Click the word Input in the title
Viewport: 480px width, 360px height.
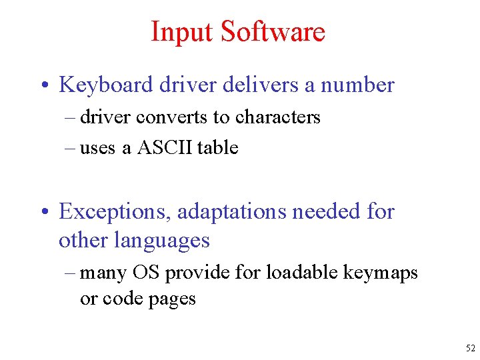coord(182,32)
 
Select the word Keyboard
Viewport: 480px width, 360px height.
coord(107,85)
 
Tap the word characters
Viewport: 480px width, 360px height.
coord(276,117)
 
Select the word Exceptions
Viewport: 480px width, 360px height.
coord(113,212)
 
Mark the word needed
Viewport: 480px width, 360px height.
coord(324,212)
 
